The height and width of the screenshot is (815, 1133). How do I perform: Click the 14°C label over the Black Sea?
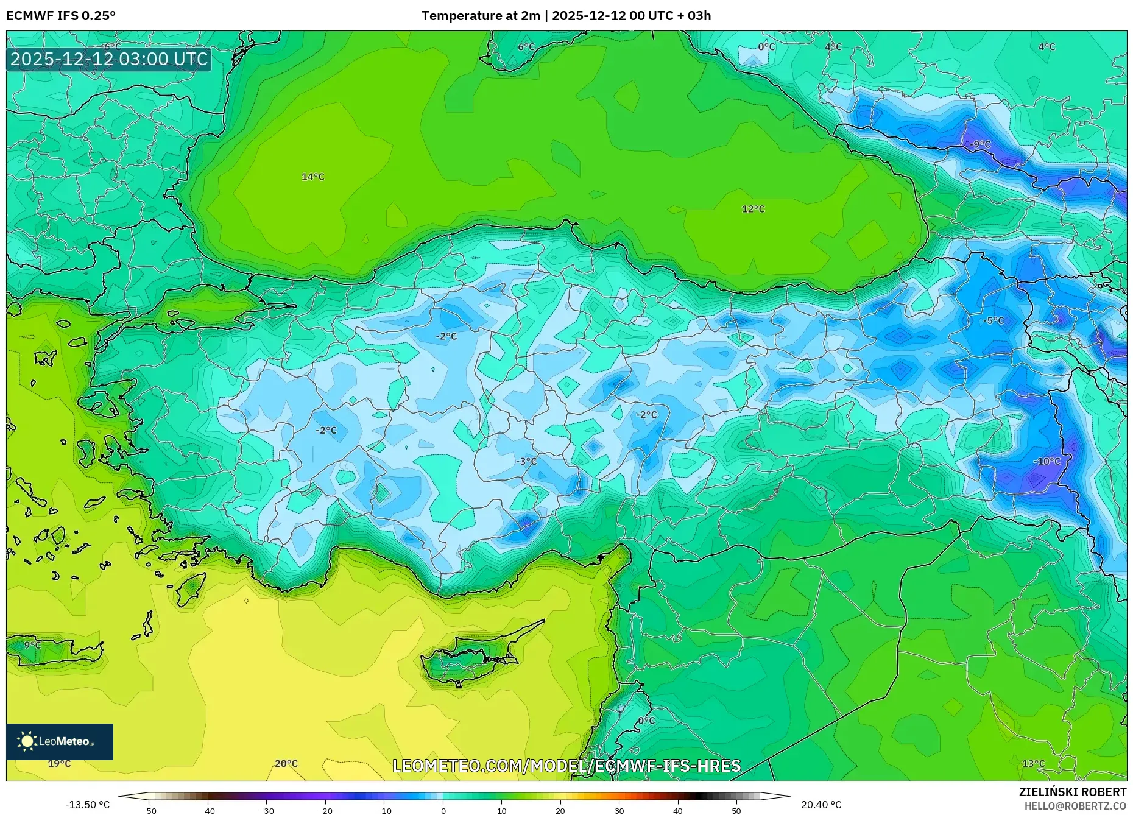coord(313,177)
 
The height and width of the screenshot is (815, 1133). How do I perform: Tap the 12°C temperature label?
coord(753,209)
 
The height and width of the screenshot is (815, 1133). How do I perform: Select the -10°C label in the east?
coord(1047,461)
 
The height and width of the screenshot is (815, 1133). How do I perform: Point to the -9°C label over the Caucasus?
coord(980,144)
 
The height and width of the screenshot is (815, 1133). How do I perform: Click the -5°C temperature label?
coord(994,320)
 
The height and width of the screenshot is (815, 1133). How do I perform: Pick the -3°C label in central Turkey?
coord(527,461)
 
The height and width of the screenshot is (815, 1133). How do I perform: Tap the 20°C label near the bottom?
coord(286,763)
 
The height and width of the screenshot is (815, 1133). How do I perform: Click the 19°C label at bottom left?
coord(59,763)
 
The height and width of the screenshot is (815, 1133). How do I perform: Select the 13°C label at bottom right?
coord(1033,763)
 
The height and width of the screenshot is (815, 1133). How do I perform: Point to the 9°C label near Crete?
coord(32,645)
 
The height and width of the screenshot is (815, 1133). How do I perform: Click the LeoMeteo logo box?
coord(60,741)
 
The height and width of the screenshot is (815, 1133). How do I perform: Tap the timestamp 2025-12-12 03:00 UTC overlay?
coord(109,60)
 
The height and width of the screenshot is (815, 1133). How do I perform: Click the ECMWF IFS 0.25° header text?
coord(61,15)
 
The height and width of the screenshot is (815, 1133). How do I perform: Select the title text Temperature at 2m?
coord(480,15)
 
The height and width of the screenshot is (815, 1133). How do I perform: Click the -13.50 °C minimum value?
coord(88,805)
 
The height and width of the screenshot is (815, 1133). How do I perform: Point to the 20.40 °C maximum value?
coord(821,805)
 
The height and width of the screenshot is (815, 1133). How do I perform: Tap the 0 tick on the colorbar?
coord(443,810)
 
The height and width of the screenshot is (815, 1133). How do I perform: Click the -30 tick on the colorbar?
coord(267,810)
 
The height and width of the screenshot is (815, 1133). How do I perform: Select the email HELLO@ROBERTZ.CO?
coord(1075,806)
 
